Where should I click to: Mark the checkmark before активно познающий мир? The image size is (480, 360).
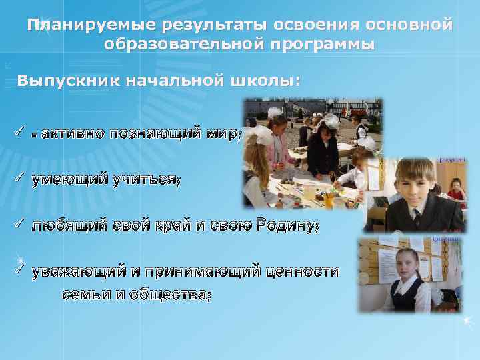coord(18,131)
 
